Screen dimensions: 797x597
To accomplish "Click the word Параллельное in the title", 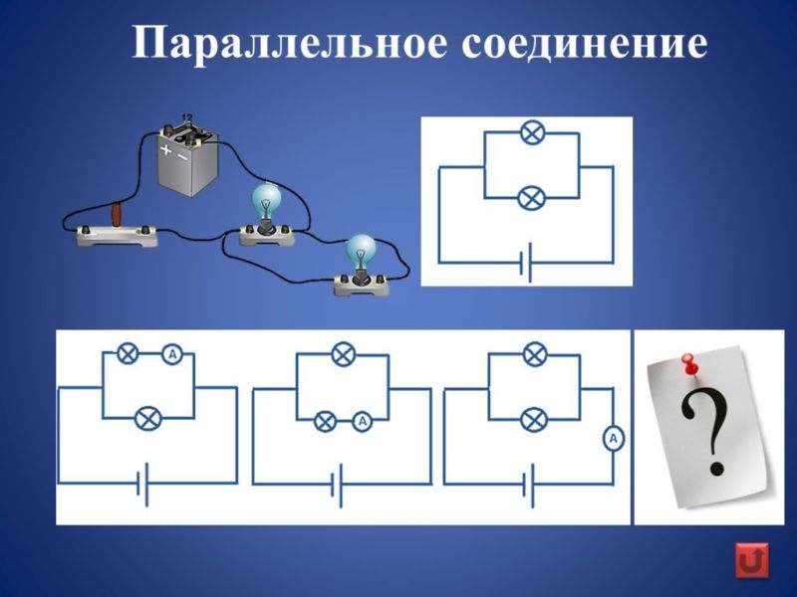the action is coord(289,43).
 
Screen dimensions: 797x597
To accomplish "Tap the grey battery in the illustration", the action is coord(187,157).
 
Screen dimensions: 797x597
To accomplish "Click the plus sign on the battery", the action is coord(165,148).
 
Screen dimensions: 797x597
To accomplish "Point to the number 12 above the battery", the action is coord(187,117).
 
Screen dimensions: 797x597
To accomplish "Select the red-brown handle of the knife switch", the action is coord(118,214).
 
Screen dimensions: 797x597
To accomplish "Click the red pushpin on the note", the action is coord(689,366).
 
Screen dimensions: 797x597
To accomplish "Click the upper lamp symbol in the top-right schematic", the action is coord(532,132).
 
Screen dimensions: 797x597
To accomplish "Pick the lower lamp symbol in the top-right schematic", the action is coord(531,198).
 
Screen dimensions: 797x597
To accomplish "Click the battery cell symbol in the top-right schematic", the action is coord(526,263).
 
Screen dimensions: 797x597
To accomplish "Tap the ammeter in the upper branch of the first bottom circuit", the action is coord(172,354).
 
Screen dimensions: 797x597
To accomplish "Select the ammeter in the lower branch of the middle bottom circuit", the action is coord(362,421).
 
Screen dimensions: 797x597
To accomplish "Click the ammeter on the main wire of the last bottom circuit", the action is coord(614,439).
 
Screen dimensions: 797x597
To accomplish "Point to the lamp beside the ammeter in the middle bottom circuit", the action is coord(326,421).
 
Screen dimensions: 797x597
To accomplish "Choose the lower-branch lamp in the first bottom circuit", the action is coord(148,419).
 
